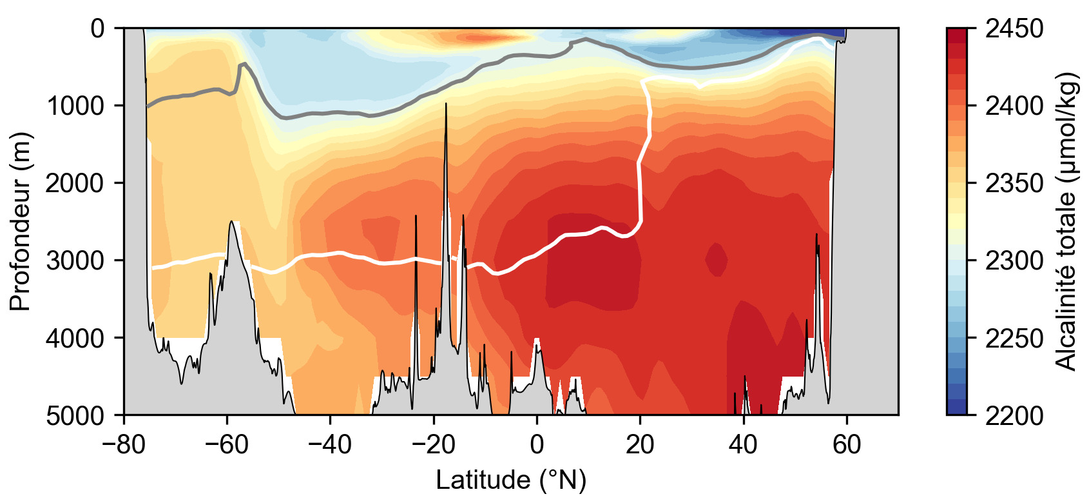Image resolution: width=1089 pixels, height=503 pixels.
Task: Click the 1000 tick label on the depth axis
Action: point(75,105)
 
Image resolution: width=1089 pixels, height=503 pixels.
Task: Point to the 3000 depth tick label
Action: point(75,261)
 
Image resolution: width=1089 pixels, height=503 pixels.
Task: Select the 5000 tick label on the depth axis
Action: point(75,415)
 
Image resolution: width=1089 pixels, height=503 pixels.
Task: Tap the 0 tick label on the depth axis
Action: point(97,28)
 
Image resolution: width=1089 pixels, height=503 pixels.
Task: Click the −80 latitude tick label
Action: point(124,445)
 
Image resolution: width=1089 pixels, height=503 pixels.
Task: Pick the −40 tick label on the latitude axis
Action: point(330,445)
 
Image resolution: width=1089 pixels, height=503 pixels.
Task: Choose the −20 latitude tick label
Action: point(433,445)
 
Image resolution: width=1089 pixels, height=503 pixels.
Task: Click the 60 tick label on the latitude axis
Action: point(847,445)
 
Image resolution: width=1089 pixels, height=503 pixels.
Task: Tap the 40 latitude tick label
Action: point(743,445)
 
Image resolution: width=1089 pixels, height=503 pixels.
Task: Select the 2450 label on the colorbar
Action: point(1014,28)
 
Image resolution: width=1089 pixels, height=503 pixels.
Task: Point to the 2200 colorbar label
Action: point(1014,415)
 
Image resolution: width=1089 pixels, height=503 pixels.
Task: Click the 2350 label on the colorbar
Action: point(1014,183)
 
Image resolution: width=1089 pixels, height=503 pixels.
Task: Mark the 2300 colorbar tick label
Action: point(1014,261)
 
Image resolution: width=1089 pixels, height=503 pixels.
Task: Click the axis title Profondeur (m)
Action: point(21,221)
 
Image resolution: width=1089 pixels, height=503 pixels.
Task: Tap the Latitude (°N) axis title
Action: point(511,480)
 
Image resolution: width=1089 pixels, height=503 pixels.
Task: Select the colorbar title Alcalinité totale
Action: point(1067,221)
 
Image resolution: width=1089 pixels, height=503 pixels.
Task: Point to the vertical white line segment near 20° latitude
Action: point(641,193)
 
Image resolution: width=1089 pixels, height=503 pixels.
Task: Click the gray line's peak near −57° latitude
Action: point(244,64)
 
